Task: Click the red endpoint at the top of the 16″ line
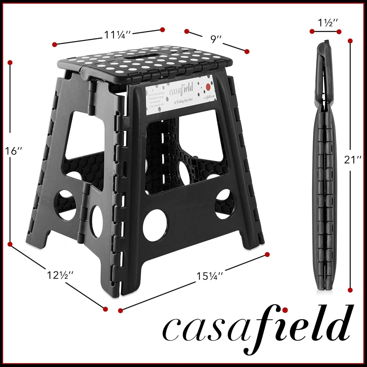point(10,62)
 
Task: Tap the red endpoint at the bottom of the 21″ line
point(350,290)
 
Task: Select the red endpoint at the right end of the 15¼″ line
point(267,254)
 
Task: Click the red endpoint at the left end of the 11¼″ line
point(54,44)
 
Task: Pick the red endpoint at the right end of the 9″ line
point(247,51)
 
